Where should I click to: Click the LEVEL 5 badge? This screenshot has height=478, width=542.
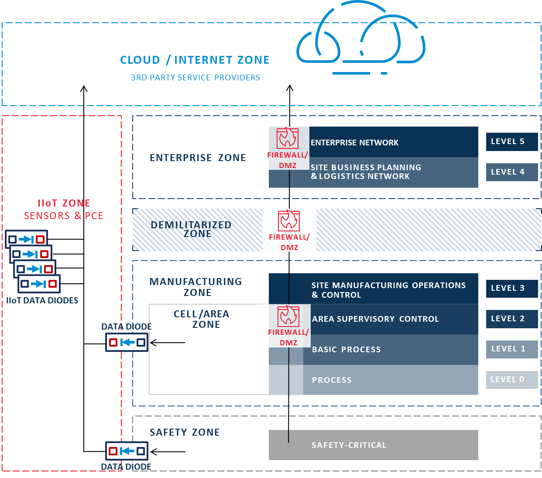click(511, 142)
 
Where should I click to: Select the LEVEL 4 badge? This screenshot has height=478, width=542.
click(511, 172)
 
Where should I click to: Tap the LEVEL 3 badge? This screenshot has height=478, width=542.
click(511, 288)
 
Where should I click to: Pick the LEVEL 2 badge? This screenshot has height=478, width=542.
click(511, 319)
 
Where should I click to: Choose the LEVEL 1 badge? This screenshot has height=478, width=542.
click(511, 349)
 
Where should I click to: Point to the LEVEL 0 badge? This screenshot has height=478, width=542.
click(511, 380)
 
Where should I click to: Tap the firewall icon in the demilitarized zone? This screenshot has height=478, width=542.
click(289, 220)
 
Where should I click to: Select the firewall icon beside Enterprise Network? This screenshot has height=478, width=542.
click(288, 138)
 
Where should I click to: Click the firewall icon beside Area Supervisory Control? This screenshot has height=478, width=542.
click(288, 316)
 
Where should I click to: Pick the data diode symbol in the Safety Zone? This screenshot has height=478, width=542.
click(127, 451)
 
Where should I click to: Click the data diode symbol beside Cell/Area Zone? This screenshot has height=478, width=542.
click(127, 342)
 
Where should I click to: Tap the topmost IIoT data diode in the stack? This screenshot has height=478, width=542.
click(26, 239)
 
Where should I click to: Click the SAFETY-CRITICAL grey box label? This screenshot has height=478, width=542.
click(349, 445)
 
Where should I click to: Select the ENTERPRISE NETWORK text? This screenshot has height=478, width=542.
click(354, 143)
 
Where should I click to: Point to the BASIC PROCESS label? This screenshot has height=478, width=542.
click(346, 350)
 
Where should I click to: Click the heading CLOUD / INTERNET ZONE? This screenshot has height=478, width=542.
click(195, 60)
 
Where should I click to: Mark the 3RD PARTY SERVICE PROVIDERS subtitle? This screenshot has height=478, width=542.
click(196, 78)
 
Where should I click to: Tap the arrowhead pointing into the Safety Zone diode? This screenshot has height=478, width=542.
click(153, 452)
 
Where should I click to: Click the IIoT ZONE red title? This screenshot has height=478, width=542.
click(64, 203)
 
